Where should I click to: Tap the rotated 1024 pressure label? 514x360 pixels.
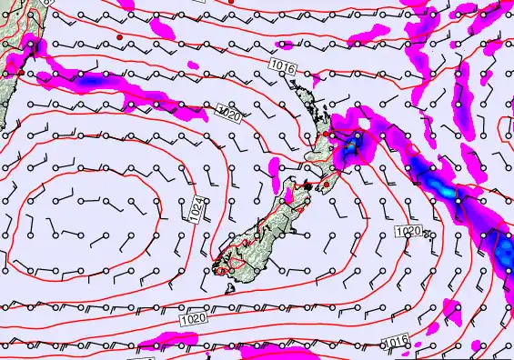197,210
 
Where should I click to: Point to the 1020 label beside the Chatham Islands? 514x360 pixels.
409,232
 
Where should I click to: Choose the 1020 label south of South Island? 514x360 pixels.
193,319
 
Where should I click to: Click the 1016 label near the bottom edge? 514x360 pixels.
394,341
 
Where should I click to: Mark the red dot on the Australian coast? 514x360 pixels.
21,71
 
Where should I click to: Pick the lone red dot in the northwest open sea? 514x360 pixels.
120,35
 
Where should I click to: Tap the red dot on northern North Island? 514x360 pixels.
326,135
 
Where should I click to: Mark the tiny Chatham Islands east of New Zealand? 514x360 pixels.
427,235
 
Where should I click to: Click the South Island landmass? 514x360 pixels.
259,232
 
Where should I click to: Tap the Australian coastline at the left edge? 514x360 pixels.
9,55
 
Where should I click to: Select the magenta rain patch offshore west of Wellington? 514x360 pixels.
289,195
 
